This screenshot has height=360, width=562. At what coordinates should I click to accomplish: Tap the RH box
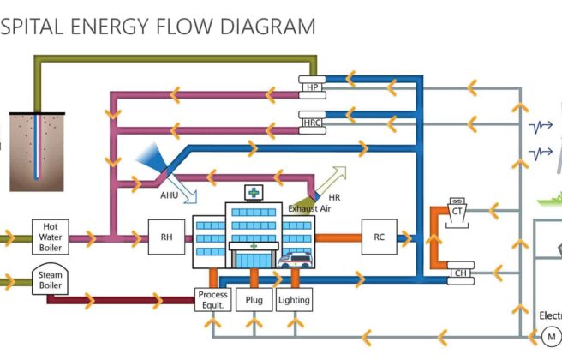166,237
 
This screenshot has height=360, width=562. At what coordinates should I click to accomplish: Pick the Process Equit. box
212,299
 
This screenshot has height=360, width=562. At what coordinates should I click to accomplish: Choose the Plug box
254,299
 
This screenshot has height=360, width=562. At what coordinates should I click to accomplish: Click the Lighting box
294,299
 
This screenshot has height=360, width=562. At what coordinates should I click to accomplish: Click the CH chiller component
462,273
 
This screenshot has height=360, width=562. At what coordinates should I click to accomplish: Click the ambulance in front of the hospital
296,260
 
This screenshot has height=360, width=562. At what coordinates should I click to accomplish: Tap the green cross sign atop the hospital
254,191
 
